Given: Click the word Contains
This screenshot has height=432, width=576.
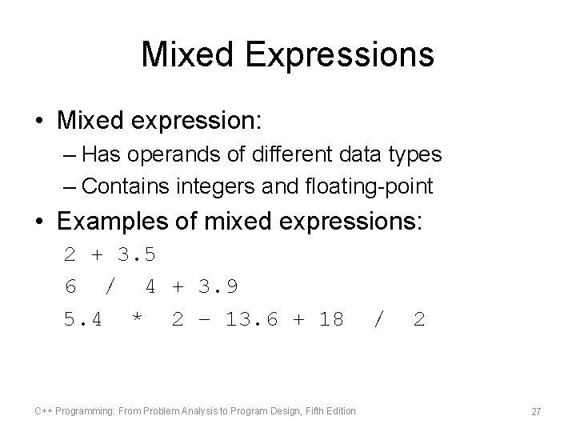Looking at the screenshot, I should point(124,186).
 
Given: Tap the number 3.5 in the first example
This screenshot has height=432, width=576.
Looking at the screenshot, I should point(136,256).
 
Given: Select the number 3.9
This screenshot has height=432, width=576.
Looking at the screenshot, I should point(218,286).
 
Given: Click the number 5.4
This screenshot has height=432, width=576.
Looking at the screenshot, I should point(83,319).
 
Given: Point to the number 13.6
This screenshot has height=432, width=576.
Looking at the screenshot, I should point(252,319).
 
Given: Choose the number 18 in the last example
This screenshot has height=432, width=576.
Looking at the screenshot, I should point(330,319).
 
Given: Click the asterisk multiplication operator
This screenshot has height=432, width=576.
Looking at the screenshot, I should point(137,320).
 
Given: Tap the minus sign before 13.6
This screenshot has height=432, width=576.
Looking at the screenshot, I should point(206,319).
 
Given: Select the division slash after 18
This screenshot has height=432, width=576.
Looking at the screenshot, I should point(378,319).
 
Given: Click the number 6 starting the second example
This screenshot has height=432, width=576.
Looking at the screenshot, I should point(70,286).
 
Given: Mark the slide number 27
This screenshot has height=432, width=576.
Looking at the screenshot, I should point(536,410).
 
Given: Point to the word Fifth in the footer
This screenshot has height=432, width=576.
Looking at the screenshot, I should point(306,410).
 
